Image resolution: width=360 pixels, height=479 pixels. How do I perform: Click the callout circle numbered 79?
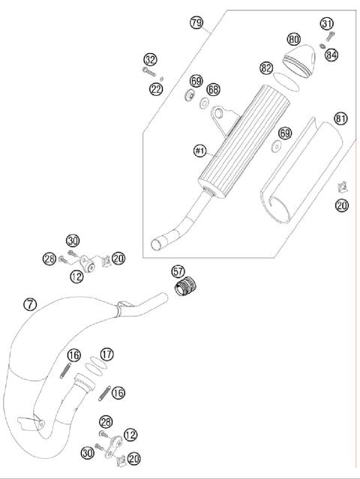(x=197, y=25)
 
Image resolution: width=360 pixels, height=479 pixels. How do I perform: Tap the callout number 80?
(x=294, y=38)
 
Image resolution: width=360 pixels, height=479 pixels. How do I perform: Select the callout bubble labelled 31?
(x=327, y=23)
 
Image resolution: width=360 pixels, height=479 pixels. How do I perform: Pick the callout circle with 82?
(x=266, y=67)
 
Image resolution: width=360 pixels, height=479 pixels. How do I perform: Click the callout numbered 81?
(x=340, y=118)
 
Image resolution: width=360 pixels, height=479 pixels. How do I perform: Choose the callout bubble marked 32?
(x=150, y=59)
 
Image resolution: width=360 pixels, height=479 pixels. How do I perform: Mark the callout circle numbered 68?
(x=214, y=90)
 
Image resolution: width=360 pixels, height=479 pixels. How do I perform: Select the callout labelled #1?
(x=199, y=151)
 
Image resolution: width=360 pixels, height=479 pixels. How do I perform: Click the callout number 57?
(x=178, y=271)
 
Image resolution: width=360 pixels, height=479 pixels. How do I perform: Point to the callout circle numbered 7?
(x=29, y=304)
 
